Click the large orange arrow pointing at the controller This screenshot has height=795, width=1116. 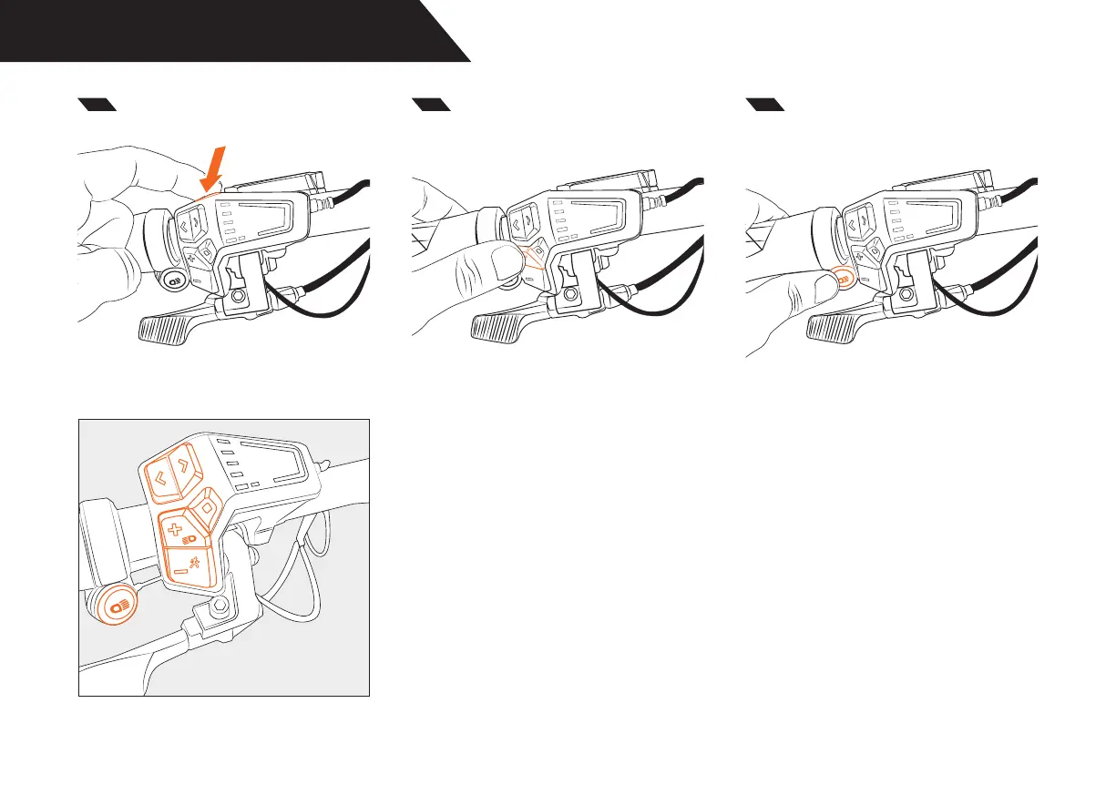click(x=218, y=169)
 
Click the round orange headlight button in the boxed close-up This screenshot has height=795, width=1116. click(x=115, y=604)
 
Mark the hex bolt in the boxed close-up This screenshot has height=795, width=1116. click(x=220, y=607)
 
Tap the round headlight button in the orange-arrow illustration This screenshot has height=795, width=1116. click(x=170, y=280)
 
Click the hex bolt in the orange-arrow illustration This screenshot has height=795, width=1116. click(x=240, y=298)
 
